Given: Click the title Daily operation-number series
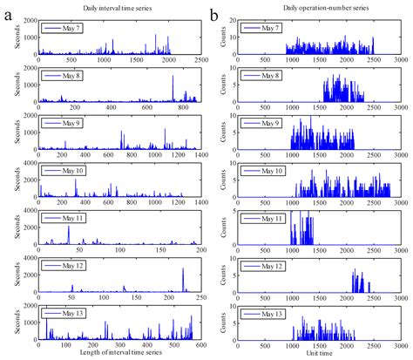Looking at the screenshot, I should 315,8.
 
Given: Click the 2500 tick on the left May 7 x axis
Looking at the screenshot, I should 199,62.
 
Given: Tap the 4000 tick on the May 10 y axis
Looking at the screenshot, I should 29,162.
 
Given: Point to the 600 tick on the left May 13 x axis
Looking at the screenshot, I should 199,344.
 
